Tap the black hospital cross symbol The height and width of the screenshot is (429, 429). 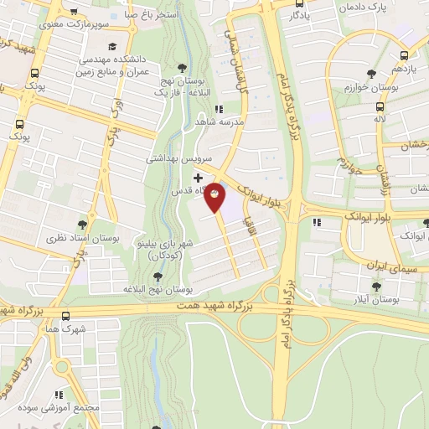coord(198,178)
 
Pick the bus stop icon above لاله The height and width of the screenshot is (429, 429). coord(380,107)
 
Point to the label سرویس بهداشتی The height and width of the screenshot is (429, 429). coord(181,158)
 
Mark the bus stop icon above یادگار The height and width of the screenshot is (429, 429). coord(297,3)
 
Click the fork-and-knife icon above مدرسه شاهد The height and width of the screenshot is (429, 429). coord(218,109)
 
